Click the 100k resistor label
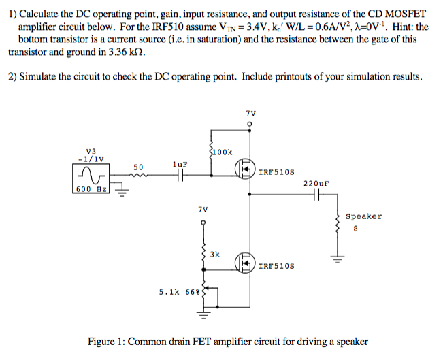(224, 152)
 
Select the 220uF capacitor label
(316, 184)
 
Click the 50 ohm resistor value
(138, 167)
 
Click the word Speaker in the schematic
(363, 216)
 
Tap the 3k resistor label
(215, 255)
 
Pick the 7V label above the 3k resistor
(202, 210)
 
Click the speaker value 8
(355, 229)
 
